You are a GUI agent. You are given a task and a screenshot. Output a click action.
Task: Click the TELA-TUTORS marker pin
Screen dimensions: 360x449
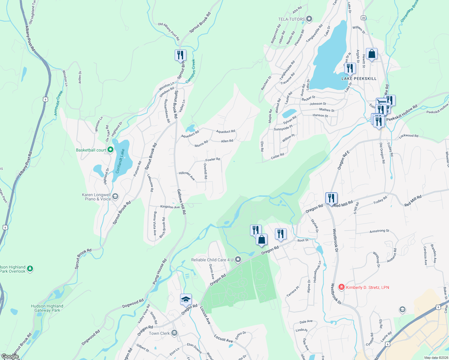(309, 19)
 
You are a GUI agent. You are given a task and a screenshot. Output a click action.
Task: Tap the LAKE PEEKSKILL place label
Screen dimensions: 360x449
(359, 79)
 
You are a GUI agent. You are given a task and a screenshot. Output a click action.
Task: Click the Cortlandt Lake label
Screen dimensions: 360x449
(120, 161)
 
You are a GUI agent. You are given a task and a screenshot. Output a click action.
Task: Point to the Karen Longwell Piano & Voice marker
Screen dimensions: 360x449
(115, 197)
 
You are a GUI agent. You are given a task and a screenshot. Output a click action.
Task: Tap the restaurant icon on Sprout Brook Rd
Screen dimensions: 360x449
(180, 55)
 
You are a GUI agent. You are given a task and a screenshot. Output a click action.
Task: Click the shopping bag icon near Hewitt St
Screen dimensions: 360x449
(372, 54)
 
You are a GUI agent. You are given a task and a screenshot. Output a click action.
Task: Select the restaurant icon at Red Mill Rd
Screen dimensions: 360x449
(331, 198)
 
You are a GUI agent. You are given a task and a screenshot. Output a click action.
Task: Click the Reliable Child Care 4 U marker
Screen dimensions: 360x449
(238, 259)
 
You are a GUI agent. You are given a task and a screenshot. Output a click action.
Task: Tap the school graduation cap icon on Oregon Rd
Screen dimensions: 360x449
(186, 299)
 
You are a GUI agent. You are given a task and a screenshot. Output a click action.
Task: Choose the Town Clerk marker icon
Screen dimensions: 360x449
(174, 333)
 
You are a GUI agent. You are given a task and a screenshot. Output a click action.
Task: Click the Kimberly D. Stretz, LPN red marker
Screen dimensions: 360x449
(341, 287)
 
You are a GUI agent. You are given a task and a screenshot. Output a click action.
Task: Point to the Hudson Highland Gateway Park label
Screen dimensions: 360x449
(47, 308)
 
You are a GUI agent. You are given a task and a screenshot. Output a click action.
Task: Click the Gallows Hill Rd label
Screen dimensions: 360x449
(181, 202)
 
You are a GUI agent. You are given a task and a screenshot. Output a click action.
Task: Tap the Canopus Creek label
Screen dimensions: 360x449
(190, 71)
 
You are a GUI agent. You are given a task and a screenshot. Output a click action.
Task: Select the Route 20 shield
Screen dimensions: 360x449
(363, 18)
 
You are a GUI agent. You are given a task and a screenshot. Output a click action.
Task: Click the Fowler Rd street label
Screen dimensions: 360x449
(212, 160)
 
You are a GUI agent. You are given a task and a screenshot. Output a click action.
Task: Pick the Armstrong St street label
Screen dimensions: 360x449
(379, 231)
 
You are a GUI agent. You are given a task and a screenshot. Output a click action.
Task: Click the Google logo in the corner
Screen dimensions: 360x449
(10, 356)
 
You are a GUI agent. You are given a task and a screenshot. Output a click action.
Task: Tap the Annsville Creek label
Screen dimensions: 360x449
(58, 103)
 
